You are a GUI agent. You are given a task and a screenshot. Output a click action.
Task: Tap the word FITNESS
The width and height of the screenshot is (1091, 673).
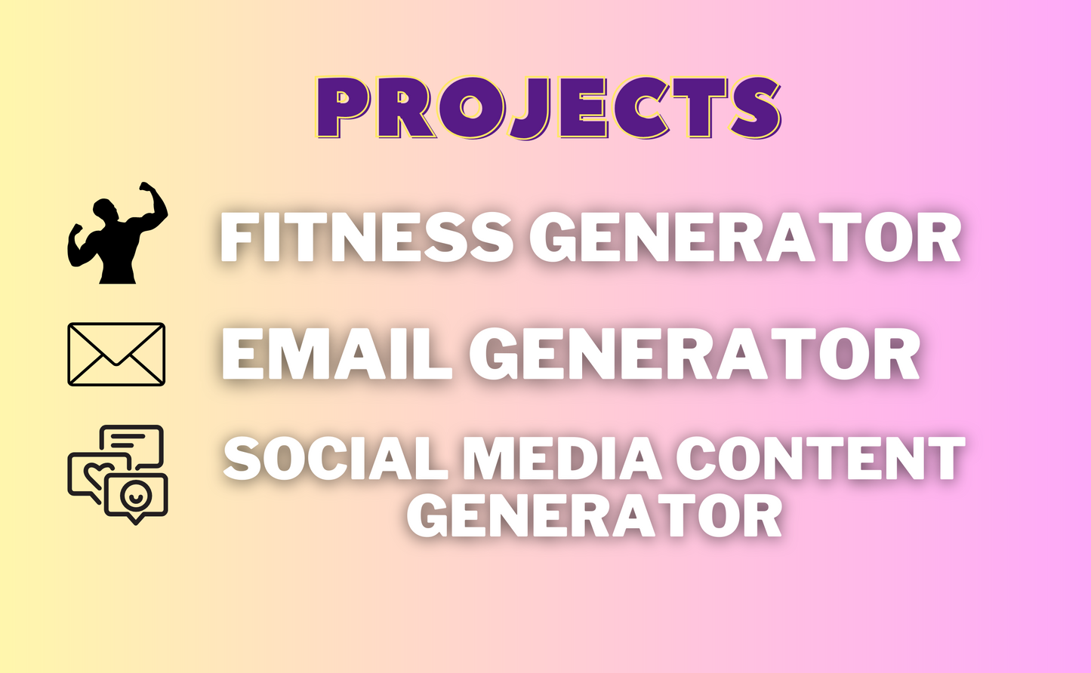point(366,238)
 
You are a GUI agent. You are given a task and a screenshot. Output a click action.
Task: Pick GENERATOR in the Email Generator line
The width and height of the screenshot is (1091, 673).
point(695,355)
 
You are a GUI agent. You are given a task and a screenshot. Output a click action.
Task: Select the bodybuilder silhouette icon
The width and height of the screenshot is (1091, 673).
point(118,234)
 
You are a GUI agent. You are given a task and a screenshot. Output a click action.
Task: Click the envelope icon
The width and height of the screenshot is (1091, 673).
point(116,354)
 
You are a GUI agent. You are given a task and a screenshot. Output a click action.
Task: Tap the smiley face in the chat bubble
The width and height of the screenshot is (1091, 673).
point(135,496)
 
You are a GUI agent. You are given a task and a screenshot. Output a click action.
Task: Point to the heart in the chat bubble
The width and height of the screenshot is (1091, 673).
point(96,475)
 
